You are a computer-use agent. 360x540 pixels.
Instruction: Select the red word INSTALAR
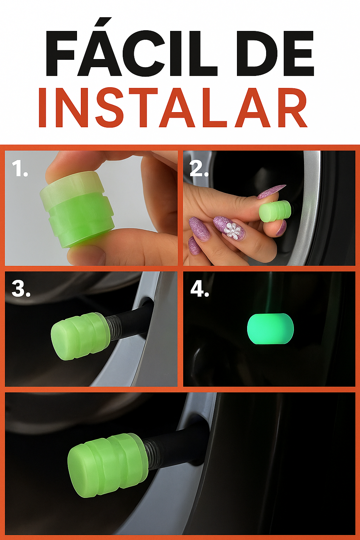(x=173, y=108)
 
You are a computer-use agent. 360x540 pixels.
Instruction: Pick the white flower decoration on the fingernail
(x=232, y=231)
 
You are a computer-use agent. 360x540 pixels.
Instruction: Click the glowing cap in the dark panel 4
(x=270, y=328)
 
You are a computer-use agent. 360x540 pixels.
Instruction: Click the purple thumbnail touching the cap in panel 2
(x=271, y=192)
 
